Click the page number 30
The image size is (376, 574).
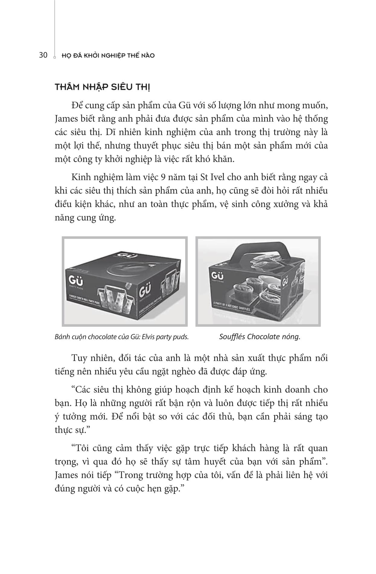point(43,55)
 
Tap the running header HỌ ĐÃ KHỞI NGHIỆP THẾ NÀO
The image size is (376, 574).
point(108,56)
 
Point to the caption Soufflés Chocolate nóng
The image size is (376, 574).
point(260,337)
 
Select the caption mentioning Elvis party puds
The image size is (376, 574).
point(122,337)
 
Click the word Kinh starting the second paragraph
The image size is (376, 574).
point(81,177)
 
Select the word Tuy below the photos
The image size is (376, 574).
point(79,358)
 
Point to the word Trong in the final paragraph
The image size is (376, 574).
point(132,475)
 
